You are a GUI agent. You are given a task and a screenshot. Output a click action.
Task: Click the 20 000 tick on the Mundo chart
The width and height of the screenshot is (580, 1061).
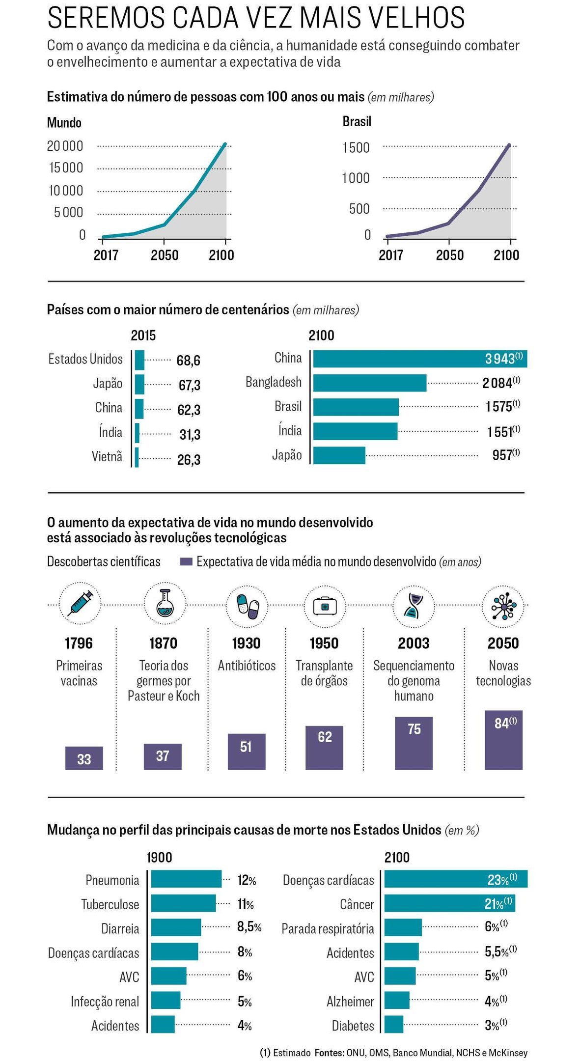65,146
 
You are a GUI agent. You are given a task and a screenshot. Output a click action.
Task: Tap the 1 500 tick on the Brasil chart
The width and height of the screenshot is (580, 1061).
356,147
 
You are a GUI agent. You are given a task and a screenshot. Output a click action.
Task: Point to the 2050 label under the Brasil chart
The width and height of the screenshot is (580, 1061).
449,255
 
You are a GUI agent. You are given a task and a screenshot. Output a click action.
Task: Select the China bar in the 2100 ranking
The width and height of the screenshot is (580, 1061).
420,359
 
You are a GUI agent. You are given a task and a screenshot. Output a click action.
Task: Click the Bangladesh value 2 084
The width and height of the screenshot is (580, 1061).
497,383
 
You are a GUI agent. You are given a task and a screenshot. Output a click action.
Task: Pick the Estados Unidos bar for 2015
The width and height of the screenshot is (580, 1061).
139,360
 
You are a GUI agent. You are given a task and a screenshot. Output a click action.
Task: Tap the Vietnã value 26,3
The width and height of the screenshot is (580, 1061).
189,460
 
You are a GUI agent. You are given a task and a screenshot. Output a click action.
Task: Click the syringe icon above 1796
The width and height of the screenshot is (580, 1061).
80,604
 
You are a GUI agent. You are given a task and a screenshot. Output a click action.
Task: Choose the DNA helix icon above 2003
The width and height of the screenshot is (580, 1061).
413,606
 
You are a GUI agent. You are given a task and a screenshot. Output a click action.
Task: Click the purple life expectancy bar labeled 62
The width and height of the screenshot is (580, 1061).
324,748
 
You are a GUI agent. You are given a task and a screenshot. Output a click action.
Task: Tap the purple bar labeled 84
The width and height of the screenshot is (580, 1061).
503,740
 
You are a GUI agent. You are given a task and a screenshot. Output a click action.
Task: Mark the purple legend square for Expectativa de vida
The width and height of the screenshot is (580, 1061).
186,561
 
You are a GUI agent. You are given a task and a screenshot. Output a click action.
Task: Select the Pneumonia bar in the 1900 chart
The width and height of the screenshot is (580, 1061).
186,879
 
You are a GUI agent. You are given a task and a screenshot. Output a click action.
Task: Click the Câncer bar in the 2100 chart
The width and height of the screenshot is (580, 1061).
449,903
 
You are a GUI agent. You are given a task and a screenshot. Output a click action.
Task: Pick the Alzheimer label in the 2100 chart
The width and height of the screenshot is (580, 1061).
350,1002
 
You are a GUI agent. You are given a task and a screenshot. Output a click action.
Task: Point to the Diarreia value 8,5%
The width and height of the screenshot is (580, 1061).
249,927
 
